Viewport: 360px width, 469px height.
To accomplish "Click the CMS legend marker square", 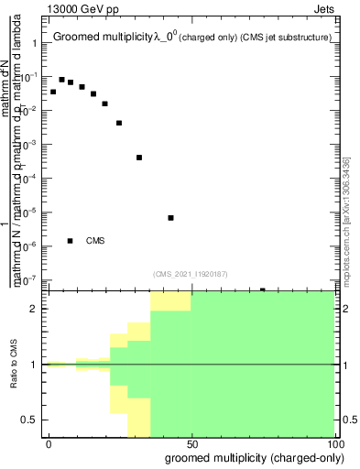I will [x=71, y=241].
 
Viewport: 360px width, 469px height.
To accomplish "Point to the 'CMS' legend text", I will [x=95, y=241].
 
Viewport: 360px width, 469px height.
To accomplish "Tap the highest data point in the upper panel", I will [x=61, y=80].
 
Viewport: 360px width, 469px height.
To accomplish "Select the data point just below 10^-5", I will [x=171, y=218].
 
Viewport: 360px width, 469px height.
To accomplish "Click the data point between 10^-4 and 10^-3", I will [x=139, y=158].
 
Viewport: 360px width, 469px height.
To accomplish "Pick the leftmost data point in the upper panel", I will [x=53, y=92].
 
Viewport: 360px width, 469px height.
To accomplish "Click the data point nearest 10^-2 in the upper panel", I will [x=104, y=104].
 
